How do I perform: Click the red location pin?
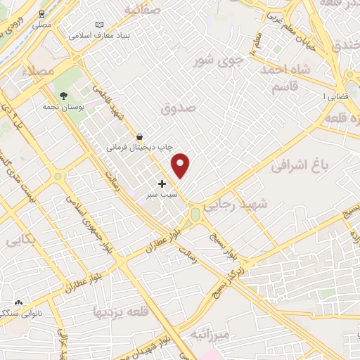click(181, 165)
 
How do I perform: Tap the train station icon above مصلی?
click(43, 13)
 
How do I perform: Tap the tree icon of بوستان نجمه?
click(64, 95)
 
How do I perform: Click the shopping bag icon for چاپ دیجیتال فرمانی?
click(141, 136)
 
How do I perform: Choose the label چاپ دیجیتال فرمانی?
click(137, 148)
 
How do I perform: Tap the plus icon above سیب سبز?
click(162, 184)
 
